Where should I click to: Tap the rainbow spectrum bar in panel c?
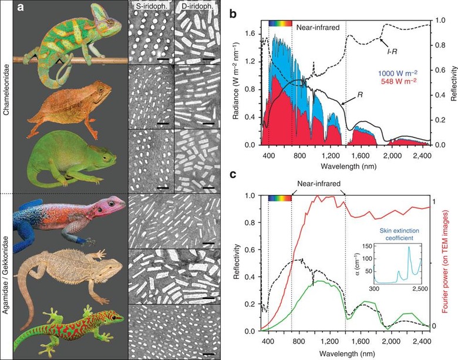[x=279, y=198]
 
